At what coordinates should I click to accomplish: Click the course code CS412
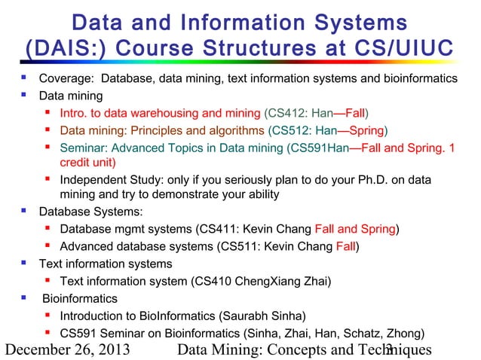pos(284,114)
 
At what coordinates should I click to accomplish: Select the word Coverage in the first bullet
pos(65,79)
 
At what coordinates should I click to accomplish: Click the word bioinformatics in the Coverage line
pos(419,79)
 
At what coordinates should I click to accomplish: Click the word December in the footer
pos(40,349)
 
